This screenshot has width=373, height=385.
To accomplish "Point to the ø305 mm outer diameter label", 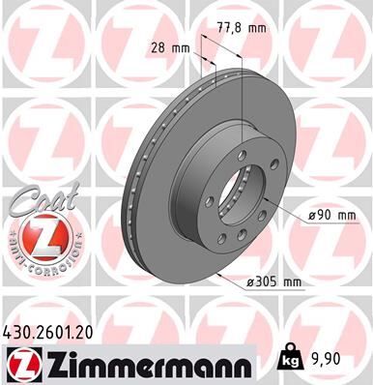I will point(275,281).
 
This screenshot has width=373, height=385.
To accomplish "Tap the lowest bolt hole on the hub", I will point(223,238).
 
